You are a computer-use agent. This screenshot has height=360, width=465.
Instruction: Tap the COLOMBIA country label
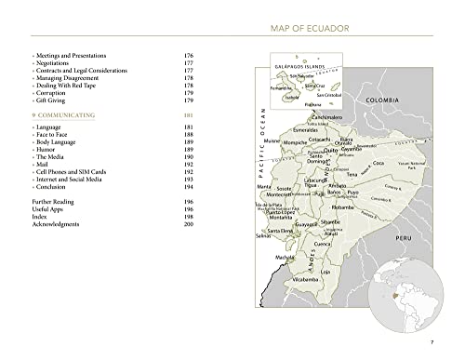click(x=381, y=99)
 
